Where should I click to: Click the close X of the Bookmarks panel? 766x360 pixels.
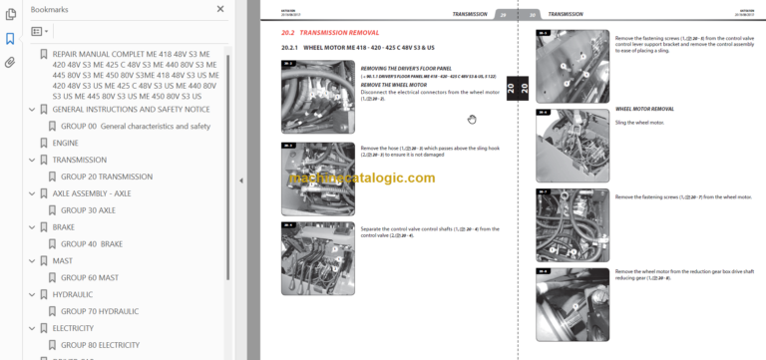pos(220,9)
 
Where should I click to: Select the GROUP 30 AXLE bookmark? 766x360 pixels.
pos(88,210)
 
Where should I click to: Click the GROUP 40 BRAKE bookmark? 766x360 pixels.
pos(92,244)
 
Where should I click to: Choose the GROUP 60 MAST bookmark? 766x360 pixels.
pos(90,278)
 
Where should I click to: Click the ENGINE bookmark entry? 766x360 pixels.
pos(65,143)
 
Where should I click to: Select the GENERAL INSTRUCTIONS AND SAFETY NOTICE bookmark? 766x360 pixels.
pos(124,109)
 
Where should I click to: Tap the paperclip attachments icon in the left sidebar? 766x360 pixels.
pos(10,62)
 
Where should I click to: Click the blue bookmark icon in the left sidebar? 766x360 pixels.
pos(10,39)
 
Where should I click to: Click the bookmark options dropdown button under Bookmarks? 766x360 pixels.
pos(41,32)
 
